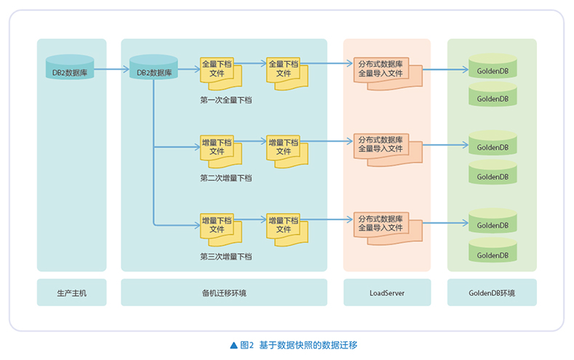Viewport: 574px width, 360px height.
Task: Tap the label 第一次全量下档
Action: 226,99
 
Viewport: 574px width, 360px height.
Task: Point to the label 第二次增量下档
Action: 226,177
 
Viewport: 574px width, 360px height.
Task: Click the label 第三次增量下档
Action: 226,256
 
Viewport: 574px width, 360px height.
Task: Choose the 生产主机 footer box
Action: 71,293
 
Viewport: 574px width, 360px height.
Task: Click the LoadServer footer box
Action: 387,293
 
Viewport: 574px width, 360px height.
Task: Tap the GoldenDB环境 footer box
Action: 492,293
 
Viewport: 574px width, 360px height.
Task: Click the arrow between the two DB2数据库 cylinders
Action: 113,71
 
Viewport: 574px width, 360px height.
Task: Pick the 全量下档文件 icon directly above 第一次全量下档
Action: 219,71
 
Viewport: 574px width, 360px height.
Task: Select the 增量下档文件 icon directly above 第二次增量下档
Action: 219,148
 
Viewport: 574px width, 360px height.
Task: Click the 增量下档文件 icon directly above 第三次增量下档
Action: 219,227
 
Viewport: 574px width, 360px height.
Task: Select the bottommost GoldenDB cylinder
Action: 493,252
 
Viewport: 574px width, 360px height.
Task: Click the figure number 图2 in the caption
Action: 246,345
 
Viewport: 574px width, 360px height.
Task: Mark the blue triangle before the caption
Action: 233,345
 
